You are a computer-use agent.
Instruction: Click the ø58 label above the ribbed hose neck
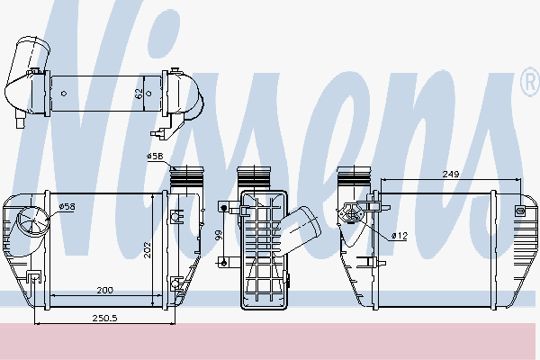(x=155, y=157)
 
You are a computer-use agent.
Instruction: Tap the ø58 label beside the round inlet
(x=67, y=207)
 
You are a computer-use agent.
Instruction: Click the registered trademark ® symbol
(x=529, y=83)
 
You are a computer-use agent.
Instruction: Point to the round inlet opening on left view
(x=34, y=220)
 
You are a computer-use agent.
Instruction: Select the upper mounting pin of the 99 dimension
(x=222, y=208)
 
